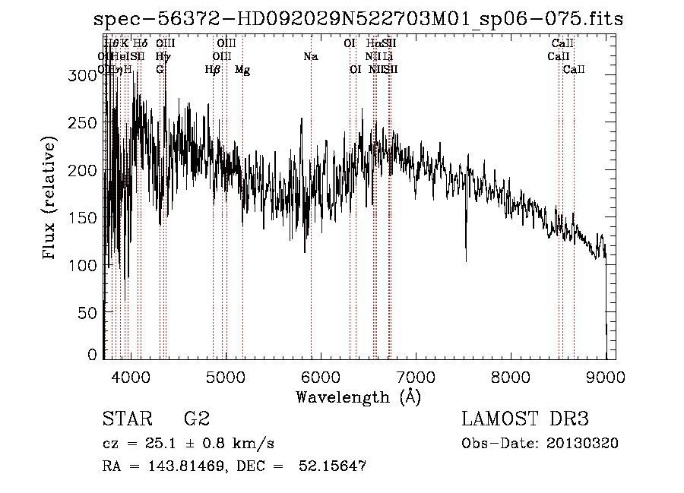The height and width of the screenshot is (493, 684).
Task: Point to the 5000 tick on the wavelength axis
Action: pyautogui.click(x=226, y=376)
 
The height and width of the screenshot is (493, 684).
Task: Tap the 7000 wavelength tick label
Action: pyautogui.click(x=416, y=376)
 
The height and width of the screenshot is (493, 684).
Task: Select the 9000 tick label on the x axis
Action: pyautogui.click(x=606, y=376)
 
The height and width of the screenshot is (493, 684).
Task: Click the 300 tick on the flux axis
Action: pyautogui.click(x=77, y=75)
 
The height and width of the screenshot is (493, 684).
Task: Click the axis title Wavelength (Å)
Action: pyautogui.click(x=358, y=397)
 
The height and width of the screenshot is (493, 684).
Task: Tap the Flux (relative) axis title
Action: pyautogui.click(x=50, y=199)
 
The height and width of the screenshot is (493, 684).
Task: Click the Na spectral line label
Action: pyautogui.click(x=310, y=56)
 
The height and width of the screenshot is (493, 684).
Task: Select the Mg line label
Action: pyautogui.click(x=242, y=70)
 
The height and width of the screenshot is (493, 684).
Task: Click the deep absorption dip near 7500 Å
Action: pyautogui.click(x=466, y=254)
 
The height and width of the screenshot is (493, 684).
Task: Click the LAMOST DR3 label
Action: pyautogui.click(x=525, y=419)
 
